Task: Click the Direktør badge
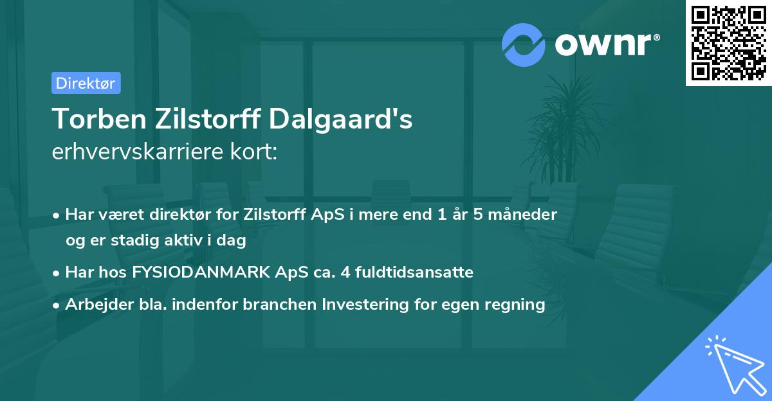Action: point(86,83)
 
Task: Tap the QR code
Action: point(728,42)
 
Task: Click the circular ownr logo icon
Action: point(523,45)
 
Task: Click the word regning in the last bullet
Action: point(520,305)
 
